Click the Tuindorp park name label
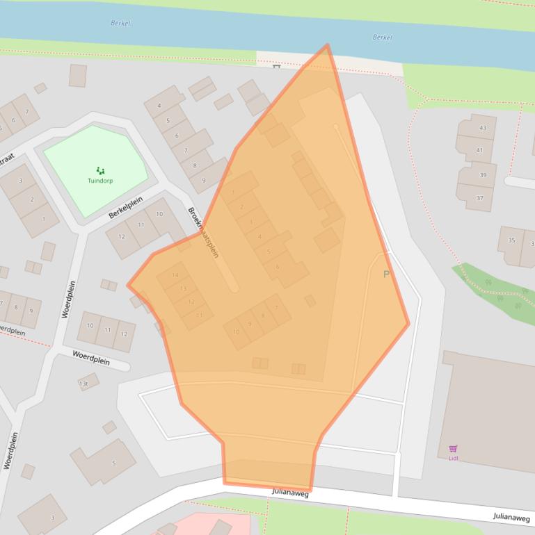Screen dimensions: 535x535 [x=100, y=181]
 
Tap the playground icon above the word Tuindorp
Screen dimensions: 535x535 [x=100, y=170]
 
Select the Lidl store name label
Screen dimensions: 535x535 [x=453, y=458]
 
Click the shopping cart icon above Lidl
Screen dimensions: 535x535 [x=453, y=449]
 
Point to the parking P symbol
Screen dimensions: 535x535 [x=387, y=274]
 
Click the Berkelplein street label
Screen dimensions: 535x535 [x=125, y=207]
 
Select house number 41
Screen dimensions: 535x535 [x=479, y=150]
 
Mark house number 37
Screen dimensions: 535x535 [x=479, y=198]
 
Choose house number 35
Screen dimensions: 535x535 [x=512, y=241]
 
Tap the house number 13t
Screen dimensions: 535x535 [x=84, y=384]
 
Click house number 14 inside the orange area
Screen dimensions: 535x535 [x=175, y=276]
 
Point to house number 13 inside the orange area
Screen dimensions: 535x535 [x=183, y=288]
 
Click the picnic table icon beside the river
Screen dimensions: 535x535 [x=276, y=67]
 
